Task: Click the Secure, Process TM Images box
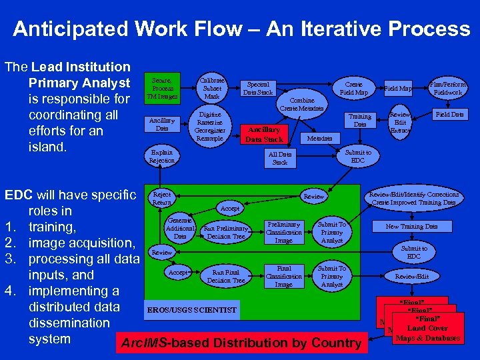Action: pyautogui.click(x=163, y=88)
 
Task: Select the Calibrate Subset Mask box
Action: pyautogui.click(x=211, y=87)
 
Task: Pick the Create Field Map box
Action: pyautogui.click(x=353, y=89)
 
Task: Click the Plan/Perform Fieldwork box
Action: pyautogui.click(x=447, y=89)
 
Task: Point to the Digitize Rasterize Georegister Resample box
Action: pyautogui.click(x=211, y=125)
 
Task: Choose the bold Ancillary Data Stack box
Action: pyautogui.click(x=265, y=134)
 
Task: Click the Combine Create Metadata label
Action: pyautogui.click(x=302, y=103)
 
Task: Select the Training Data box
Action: pyautogui.click(x=359, y=120)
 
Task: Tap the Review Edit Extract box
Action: pyautogui.click(x=401, y=123)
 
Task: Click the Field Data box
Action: pyautogui.click(x=449, y=115)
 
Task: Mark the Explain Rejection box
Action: pyautogui.click(x=162, y=156)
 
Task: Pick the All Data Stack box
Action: pyautogui.click(x=280, y=158)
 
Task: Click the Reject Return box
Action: pyautogui.click(x=162, y=198)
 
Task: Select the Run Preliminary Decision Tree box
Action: pyautogui.click(x=227, y=231)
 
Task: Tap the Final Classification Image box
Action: pyautogui.click(x=283, y=276)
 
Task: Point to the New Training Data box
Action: pyautogui.click(x=411, y=227)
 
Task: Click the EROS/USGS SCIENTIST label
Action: pyautogui.click(x=191, y=310)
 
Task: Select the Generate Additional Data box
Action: pyautogui.click(x=180, y=228)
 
